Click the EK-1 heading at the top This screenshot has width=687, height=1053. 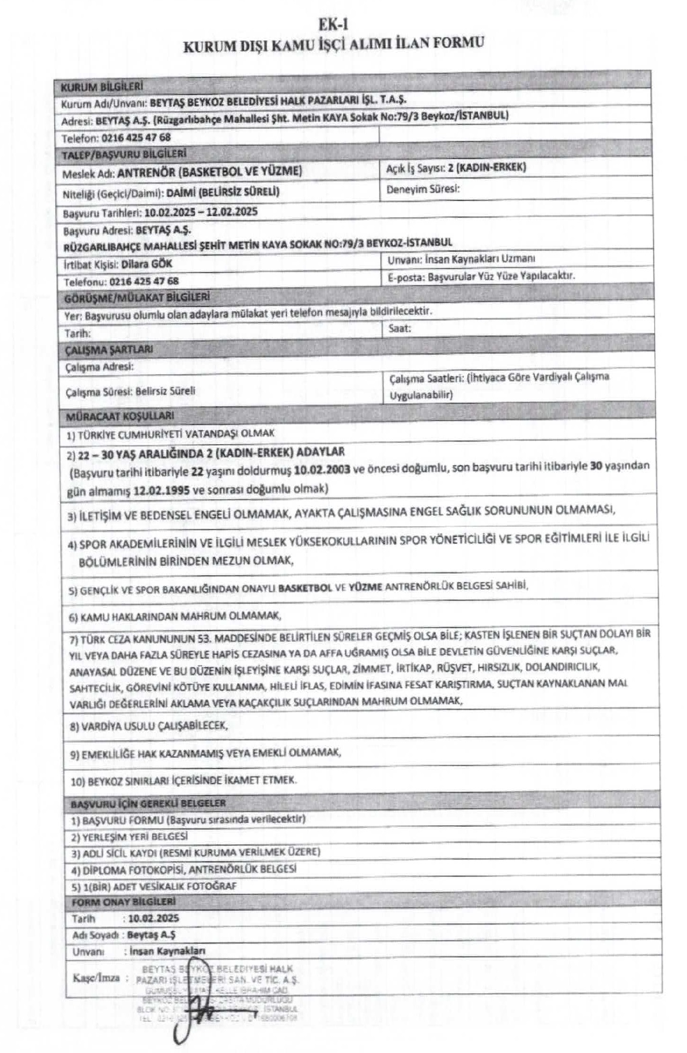333,24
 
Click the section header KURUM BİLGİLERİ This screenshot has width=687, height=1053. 101,87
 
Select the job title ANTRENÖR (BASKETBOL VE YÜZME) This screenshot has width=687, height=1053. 209,172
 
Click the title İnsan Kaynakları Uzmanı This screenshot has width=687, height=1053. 480,259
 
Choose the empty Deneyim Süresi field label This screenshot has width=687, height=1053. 423,189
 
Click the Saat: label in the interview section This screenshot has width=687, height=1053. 400,328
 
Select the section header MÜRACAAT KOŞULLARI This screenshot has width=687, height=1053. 120,416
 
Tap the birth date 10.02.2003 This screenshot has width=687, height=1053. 322,469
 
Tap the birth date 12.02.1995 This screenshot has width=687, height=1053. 161,490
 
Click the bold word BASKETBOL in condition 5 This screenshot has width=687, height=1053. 305,588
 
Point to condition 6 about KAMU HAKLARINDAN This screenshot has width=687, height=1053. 175,616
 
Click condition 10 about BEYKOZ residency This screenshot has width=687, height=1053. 184,781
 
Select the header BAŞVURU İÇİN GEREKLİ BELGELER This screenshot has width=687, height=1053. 149,803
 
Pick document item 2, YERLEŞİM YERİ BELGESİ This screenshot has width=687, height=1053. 129,836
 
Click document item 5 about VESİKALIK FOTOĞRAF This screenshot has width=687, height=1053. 154,886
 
